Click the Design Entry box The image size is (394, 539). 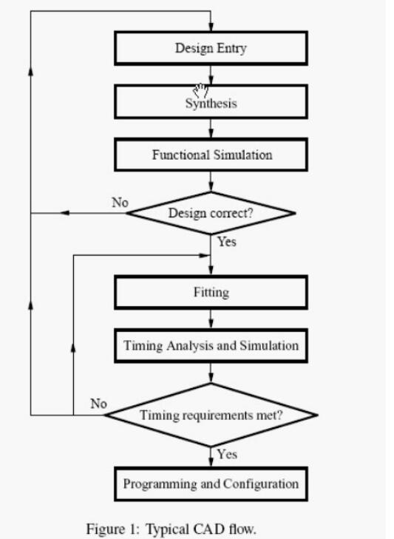click(x=211, y=48)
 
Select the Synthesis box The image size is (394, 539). click(x=211, y=102)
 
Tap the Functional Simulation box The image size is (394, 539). click(x=211, y=155)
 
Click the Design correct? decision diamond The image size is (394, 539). click(x=211, y=213)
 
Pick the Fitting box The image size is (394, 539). click(x=211, y=293)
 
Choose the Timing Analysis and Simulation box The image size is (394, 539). click(x=211, y=346)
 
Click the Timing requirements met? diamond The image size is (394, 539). click(x=211, y=415)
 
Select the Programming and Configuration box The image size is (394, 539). click(x=211, y=484)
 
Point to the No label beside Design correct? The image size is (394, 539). click(x=120, y=203)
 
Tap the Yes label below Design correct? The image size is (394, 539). click(x=227, y=242)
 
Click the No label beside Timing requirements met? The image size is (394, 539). click(x=98, y=404)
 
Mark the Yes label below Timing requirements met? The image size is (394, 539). click(x=227, y=454)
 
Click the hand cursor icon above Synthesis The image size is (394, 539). click(x=201, y=90)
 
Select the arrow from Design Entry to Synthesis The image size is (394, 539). click(x=211, y=75)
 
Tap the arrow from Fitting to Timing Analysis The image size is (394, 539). click(x=211, y=319)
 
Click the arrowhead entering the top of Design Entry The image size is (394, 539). click(x=211, y=27)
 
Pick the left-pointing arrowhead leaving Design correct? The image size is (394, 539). click(x=64, y=213)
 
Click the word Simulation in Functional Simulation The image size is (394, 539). click(x=242, y=155)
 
